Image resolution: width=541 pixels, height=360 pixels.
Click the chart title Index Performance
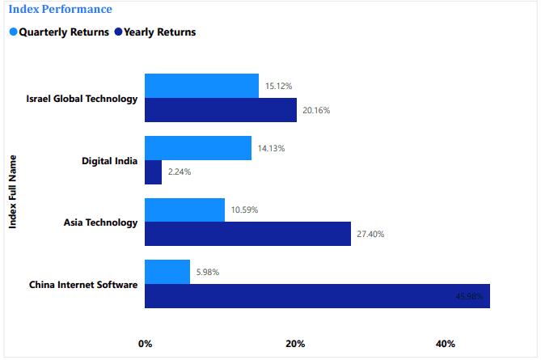click(x=60, y=10)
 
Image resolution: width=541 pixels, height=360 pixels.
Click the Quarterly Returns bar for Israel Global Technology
click(x=201, y=86)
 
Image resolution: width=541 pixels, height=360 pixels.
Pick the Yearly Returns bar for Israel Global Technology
click(x=221, y=110)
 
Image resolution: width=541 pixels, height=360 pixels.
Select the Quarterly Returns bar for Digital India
click(x=198, y=148)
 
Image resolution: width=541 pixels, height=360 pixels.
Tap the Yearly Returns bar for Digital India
click(x=153, y=172)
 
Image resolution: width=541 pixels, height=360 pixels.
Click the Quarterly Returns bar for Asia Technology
click(x=184, y=210)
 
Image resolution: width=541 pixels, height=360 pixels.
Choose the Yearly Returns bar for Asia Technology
click(x=247, y=234)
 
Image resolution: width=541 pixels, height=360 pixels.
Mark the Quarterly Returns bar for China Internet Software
click(x=167, y=272)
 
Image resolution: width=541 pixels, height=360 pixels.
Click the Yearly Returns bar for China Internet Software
click(x=317, y=296)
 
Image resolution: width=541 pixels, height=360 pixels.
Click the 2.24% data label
click(x=180, y=172)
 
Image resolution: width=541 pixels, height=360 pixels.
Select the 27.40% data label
click(x=370, y=235)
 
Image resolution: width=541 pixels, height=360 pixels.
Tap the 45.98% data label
click(x=470, y=297)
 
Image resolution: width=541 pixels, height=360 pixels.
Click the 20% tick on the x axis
click(x=295, y=344)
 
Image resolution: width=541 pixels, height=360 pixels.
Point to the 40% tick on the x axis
click(x=446, y=344)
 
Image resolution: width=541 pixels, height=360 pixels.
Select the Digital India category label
click(x=110, y=160)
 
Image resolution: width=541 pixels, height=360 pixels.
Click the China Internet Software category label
click(x=83, y=285)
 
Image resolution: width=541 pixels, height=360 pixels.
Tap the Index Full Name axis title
click(x=14, y=191)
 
